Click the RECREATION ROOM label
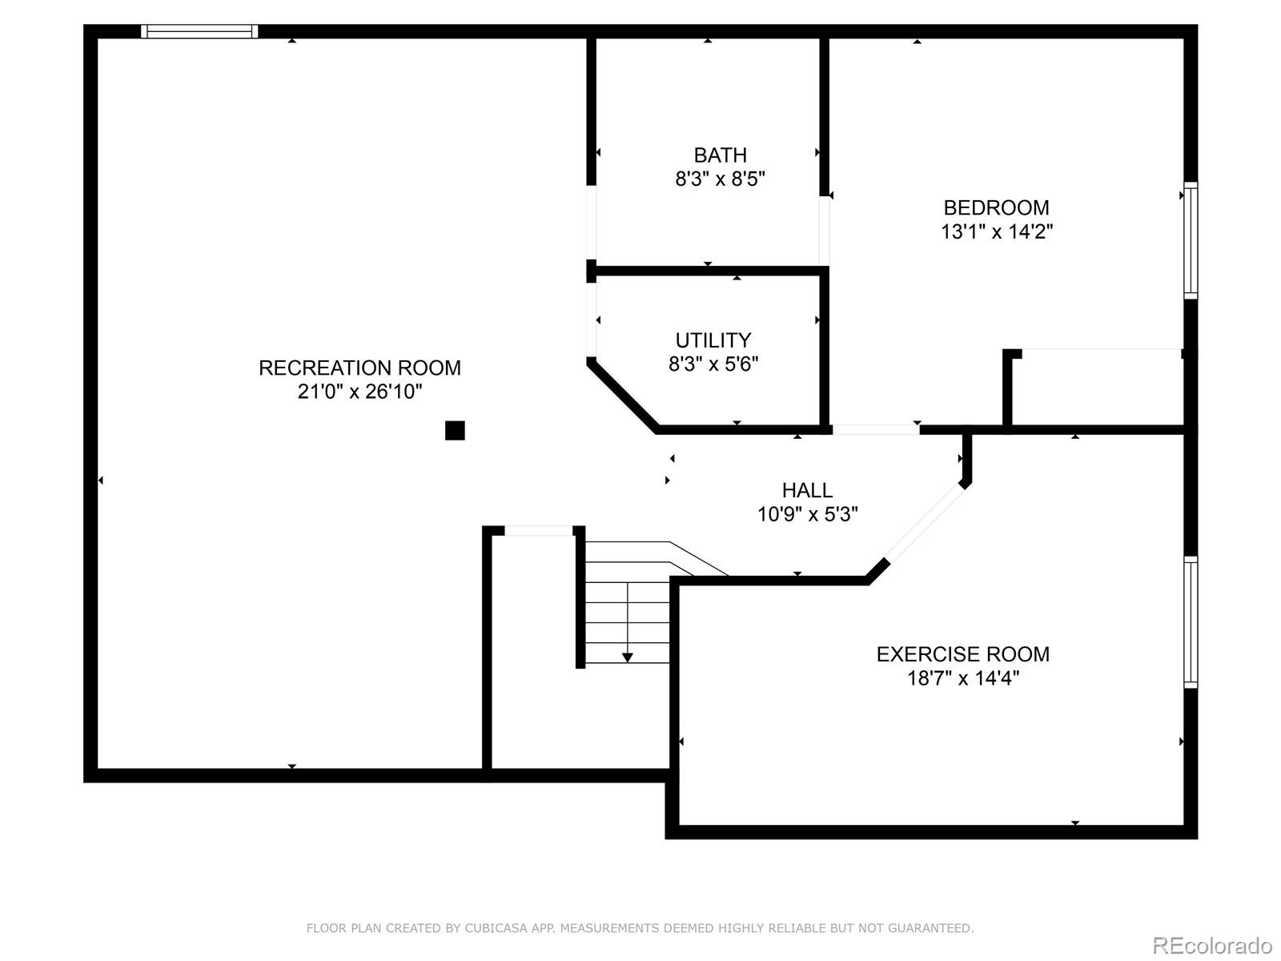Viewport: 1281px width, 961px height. click(x=359, y=368)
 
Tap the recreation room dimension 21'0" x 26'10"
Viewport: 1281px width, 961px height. click(x=359, y=392)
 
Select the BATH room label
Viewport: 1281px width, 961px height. click(x=720, y=155)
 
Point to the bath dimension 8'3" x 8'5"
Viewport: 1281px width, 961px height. click(x=720, y=179)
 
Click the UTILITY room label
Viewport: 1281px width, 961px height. click(x=713, y=340)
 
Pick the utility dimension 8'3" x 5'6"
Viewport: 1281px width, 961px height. click(x=713, y=364)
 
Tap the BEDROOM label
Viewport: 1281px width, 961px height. click(x=996, y=207)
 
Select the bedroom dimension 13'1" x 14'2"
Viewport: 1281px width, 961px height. click(x=996, y=231)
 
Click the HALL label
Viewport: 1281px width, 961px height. click(x=807, y=489)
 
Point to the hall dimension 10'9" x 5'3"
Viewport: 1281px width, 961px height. click(x=807, y=513)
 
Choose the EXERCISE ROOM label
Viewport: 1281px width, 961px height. click(x=962, y=653)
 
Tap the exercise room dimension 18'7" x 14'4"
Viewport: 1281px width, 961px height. click(x=962, y=678)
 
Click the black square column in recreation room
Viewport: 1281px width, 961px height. click(x=455, y=431)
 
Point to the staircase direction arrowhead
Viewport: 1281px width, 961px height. click(x=628, y=657)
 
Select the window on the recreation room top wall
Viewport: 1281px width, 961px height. click(x=199, y=31)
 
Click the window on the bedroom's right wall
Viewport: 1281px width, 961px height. click(x=1191, y=240)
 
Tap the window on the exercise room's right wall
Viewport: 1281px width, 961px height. click(x=1191, y=622)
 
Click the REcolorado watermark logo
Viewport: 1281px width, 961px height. click(x=1212, y=946)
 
